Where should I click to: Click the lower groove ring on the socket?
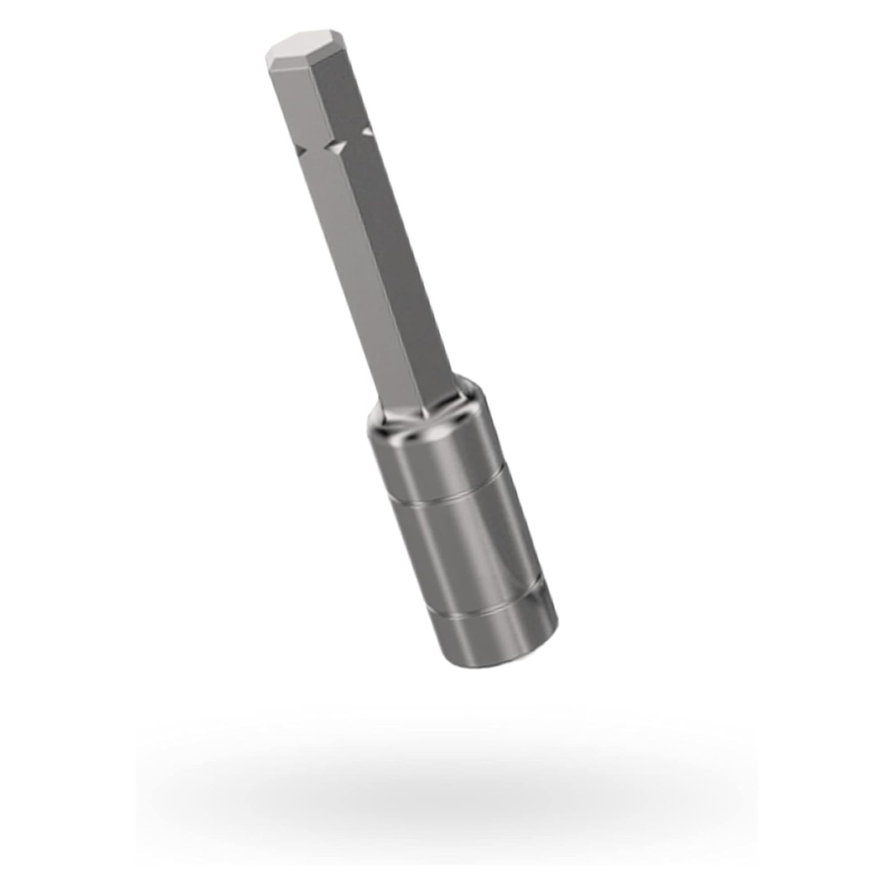491,608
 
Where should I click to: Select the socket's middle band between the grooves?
469,547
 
